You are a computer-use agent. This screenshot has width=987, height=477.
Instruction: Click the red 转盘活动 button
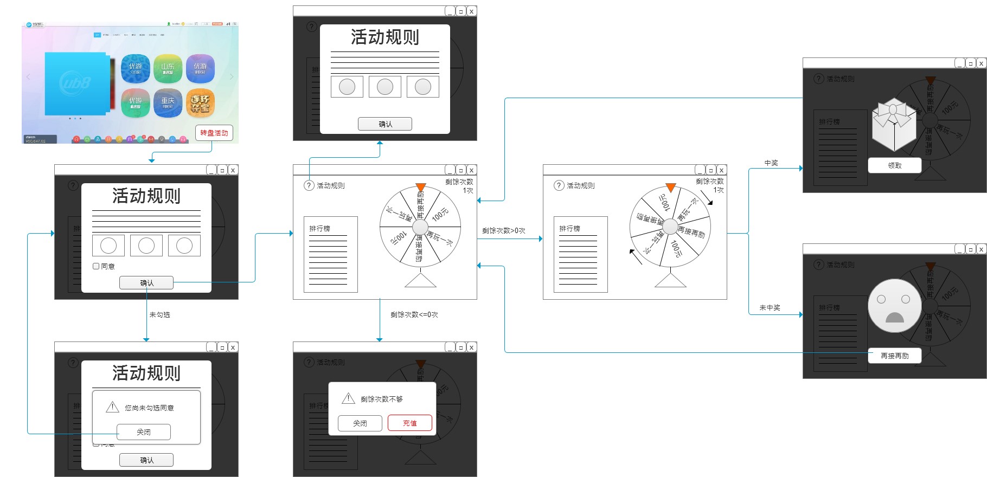(x=214, y=133)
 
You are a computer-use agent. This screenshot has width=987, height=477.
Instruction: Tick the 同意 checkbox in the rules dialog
(x=96, y=266)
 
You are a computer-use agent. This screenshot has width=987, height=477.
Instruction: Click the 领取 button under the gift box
(x=894, y=165)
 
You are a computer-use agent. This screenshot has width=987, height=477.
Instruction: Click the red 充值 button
(x=410, y=423)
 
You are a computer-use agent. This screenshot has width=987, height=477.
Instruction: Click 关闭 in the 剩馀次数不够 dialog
(x=360, y=423)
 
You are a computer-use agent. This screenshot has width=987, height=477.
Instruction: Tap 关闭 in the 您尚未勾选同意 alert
(x=144, y=432)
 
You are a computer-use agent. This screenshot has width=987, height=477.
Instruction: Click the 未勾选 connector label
(x=159, y=314)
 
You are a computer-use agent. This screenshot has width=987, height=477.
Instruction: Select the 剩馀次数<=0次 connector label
(x=414, y=314)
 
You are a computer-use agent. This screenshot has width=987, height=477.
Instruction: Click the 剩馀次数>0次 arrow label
(x=503, y=230)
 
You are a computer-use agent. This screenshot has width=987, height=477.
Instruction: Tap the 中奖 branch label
(x=771, y=163)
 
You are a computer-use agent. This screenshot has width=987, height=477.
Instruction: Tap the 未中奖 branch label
(x=770, y=307)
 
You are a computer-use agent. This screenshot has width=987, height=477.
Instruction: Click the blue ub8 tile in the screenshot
(x=75, y=83)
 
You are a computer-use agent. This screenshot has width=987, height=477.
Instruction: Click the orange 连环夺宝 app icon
(x=200, y=102)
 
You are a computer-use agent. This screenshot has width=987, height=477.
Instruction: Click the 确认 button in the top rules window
(x=385, y=124)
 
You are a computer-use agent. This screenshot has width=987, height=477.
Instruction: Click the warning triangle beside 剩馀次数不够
(x=348, y=398)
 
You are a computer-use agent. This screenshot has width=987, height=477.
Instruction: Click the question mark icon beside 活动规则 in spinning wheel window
(x=559, y=185)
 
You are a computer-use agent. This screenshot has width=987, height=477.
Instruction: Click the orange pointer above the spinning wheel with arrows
(x=670, y=188)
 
